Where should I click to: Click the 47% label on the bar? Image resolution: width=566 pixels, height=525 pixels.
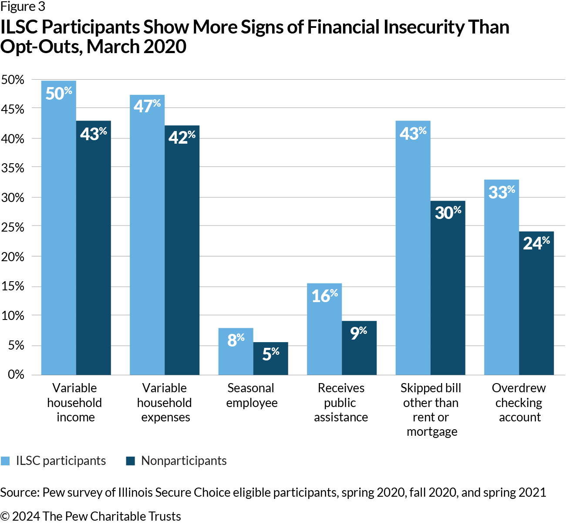[x=147, y=106]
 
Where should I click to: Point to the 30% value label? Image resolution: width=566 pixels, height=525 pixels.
[x=448, y=212]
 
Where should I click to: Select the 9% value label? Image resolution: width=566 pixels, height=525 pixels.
[x=359, y=333]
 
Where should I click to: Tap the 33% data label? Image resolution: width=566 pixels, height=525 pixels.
[x=502, y=192]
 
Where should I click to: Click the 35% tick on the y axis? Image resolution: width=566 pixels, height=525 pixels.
[x=13, y=168]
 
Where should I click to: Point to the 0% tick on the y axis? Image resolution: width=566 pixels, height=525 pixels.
[x=16, y=374]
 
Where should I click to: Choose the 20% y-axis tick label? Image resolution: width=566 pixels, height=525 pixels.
[x=13, y=256]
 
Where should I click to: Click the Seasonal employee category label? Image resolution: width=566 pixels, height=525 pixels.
[x=252, y=395]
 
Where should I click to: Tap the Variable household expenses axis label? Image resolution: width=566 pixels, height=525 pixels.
[x=165, y=402]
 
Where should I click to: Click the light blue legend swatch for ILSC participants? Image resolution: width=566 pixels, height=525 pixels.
[x=5, y=461]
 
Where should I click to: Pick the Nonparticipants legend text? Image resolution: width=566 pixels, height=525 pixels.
[x=184, y=461]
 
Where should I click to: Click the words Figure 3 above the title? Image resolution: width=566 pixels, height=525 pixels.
[x=23, y=7]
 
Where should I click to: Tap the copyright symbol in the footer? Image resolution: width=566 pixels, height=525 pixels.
[x=5, y=516]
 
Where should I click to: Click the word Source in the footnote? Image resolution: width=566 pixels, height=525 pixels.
[x=20, y=492]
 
